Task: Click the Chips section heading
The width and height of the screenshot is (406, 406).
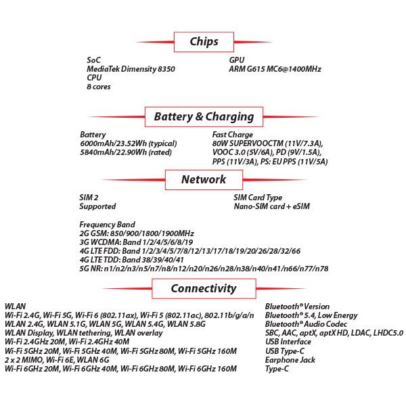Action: (204, 42)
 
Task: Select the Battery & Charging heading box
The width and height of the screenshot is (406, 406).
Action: (204, 116)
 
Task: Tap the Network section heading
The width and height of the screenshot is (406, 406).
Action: (204, 179)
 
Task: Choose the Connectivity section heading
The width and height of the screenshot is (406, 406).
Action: (204, 288)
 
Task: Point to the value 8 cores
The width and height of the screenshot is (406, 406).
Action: (99, 87)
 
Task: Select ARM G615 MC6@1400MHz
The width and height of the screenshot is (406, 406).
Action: (275, 69)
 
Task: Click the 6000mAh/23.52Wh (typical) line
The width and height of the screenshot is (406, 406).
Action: (128, 143)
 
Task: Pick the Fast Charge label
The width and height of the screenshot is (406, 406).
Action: (233, 135)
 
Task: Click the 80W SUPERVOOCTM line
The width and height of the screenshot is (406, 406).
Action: (267, 143)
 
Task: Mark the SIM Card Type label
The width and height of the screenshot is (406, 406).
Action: (258, 198)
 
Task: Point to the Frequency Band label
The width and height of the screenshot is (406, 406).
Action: (107, 225)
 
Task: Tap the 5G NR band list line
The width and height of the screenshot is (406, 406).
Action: (204, 269)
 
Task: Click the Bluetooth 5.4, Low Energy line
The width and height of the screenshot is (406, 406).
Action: (311, 315)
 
